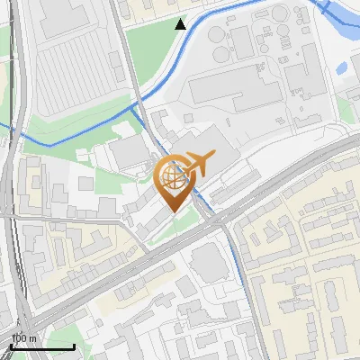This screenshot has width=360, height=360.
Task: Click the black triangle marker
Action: [x=181, y=24]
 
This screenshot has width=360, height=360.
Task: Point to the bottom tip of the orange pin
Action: [x=175, y=211]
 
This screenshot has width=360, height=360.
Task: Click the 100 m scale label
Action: [x=23, y=338]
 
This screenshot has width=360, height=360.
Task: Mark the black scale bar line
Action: [x=41, y=346]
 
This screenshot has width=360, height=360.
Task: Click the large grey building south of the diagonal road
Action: [x=209, y=262]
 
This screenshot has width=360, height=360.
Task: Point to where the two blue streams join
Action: [x=138, y=106]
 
